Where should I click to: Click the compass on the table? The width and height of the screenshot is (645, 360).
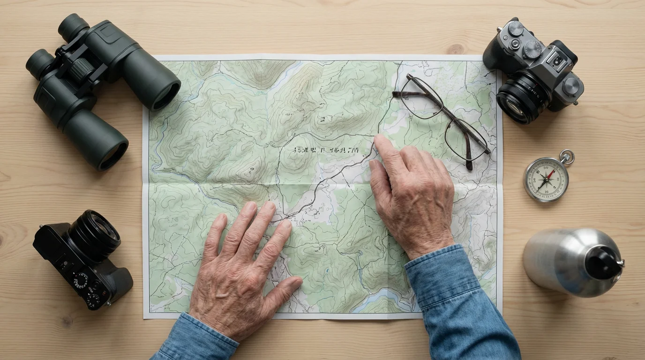click(547, 179)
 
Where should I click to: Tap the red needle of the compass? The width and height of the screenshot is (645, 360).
click(550, 175)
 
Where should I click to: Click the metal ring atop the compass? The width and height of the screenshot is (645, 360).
click(567, 157)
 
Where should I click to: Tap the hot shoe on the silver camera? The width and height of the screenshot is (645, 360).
click(557, 60)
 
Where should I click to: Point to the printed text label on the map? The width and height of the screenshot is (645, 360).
click(326, 150)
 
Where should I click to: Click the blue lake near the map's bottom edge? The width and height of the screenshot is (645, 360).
click(375, 300)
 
